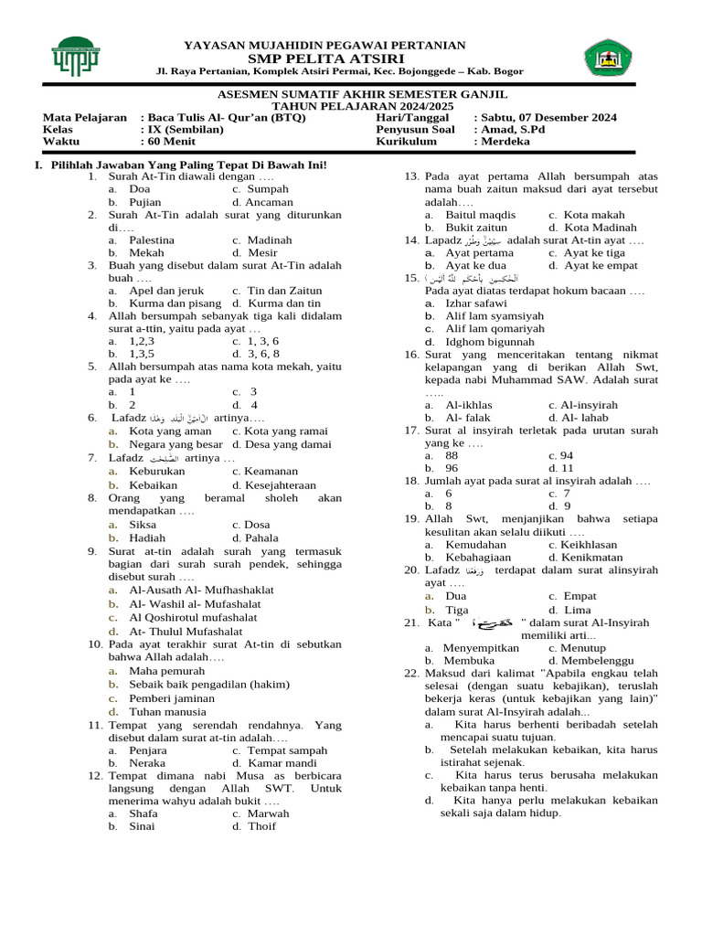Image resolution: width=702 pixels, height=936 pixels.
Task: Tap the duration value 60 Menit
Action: [x=173, y=142]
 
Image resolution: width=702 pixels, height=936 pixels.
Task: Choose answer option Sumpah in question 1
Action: [x=268, y=189]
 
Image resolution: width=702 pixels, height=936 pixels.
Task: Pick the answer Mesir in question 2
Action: [x=262, y=252]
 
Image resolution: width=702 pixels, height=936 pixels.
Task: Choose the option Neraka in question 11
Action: [x=148, y=762]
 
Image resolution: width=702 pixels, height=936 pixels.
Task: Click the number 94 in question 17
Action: [x=567, y=454]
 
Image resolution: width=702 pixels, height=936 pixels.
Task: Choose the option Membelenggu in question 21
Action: [x=603, y=659]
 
